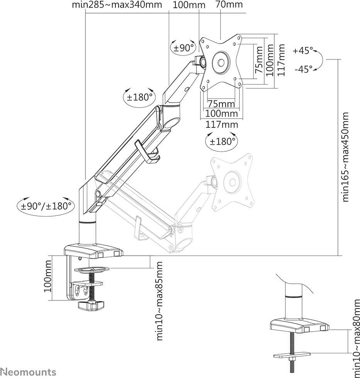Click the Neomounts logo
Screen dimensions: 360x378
coord(29,372)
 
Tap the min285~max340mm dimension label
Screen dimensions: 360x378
coord(117,5)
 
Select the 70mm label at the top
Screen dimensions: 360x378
coord(229,4)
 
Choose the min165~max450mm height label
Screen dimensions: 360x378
coord(345,157)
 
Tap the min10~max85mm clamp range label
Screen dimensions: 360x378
coord(159,301)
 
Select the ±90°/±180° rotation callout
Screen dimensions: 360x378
coord(46,206)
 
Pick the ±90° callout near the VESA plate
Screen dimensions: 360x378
coord(184,47)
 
